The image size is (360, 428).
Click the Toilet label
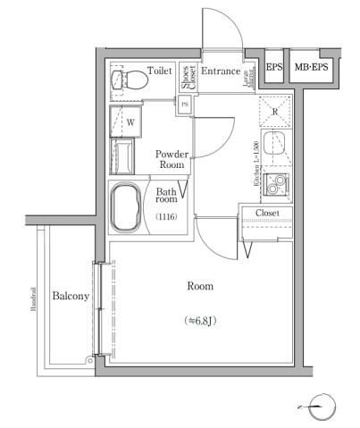(x=161, y=70)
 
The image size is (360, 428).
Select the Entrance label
(x=221, y=71)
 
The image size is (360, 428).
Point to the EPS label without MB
(x=273, y=68)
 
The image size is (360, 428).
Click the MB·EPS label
(x=311, y=68)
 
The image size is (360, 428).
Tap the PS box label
(x=185, y=105)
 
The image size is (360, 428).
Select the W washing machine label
(x=130, y=121)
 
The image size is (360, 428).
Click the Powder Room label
(x=172, y=159)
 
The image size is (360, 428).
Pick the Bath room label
(x=167, y=197)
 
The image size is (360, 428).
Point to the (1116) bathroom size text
(x=166, y=217)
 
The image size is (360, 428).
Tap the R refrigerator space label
(x=275, y=113)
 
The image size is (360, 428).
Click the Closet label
(x=267, y=213)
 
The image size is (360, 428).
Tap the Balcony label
(x=70, y=296)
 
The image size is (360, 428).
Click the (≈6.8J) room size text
(x=199, y=320)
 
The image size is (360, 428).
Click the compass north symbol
(x=324, y=408)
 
